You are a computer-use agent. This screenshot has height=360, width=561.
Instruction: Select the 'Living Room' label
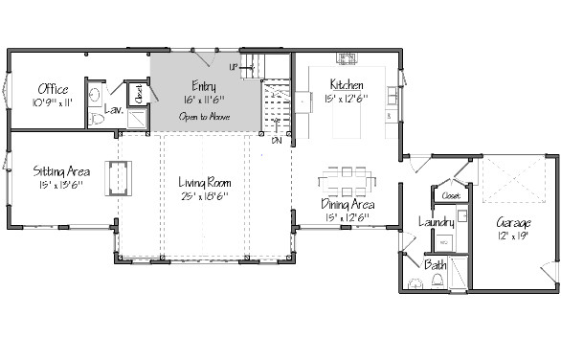tap(206, 181)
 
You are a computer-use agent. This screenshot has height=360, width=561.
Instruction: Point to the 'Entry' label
tap(203, 85)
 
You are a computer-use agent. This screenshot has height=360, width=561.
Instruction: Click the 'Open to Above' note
tap(203, 117)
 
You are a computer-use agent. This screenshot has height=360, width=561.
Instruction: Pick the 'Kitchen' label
tap(346, 84)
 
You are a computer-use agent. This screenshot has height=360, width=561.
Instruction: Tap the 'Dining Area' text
tap(347, 204)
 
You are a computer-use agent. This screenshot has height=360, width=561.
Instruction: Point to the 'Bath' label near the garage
tap(435, 264)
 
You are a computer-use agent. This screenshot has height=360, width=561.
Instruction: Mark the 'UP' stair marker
tap(234, 67)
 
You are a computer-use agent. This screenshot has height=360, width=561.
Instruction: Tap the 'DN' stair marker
tap(276, 140)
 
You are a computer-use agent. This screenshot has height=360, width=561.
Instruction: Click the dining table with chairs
tap(347, 178)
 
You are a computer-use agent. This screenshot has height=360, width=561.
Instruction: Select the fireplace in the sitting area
tap(120, 176)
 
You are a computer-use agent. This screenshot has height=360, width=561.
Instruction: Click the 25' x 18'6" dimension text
tap(206, 196)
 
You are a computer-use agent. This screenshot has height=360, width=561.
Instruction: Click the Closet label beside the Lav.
tap(138, 94)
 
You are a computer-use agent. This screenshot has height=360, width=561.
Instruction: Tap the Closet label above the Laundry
tap(450, 195)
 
